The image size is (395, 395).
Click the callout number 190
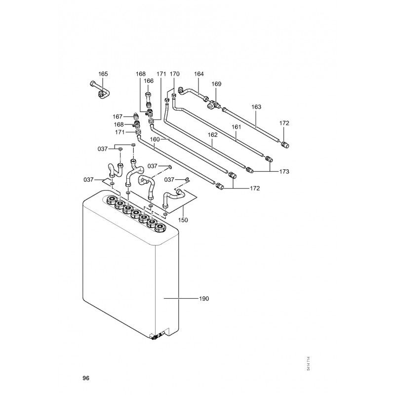[204, 299]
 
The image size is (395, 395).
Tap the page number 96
[86, 378]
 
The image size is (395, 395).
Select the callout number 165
[103, 74]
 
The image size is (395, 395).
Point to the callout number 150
[183, 220]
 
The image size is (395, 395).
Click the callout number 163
[256, 107]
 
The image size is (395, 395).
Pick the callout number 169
[216, 84]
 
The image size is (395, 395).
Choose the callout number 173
[284, 171]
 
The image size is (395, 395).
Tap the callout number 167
[118, 117]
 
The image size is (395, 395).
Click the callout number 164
[199, 74]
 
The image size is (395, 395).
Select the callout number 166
[149, 81]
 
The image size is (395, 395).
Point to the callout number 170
[175, 74]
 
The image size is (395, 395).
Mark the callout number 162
[212, 135]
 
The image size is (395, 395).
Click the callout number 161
[237, 127]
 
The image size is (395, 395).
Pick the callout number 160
[155, 139]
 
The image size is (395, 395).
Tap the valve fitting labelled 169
[213, 105]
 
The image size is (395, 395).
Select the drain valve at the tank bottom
[157, 336]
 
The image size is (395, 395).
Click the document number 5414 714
[308, 363]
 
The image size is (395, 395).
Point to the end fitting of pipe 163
[285, 145]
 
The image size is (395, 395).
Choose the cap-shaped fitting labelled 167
[136, 116]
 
